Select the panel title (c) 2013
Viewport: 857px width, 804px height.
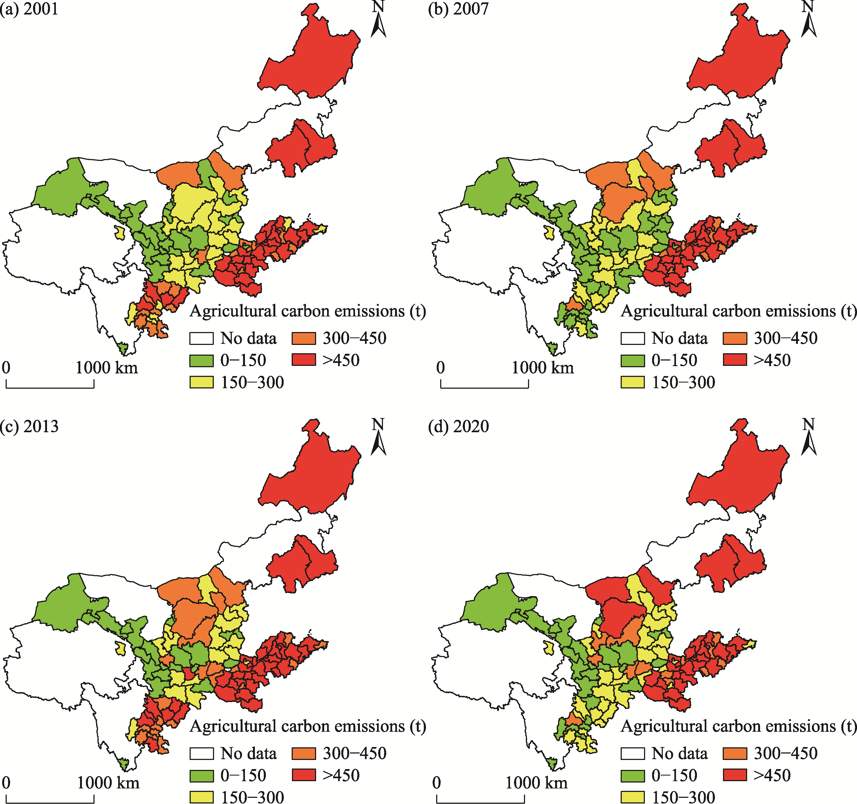click(x=29, y=426)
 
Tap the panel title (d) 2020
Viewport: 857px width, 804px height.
click(x=458, y=426)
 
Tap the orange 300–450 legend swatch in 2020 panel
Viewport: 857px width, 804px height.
click(x=735, y=753)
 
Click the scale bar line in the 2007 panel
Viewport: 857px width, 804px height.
click(x=484, y=387)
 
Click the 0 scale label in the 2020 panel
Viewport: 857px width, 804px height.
click(x=436, y=783)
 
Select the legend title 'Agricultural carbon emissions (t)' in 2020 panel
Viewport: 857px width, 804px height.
click(x=738, y=726)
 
